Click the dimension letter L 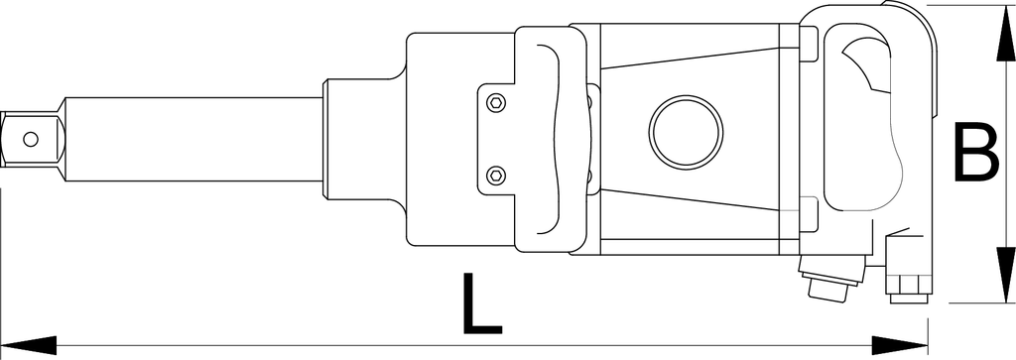coord(481,304)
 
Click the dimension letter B coord(976,154)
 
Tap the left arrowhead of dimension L coord(29,345)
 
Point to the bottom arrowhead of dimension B coord(1006,275)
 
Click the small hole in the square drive coord(30,139)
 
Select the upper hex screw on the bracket coord(496,102)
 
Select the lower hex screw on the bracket coord(496,175)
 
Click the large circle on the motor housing coord(687,132)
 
